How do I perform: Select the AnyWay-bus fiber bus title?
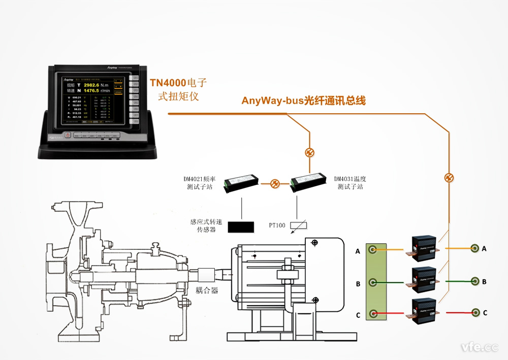click(303, 101)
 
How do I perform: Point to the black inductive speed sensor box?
click(241, 227)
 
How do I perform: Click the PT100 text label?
click(277, 225)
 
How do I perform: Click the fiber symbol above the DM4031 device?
click(309, 152)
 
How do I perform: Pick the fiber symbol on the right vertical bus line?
click(449, 178)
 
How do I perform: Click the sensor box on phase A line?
click(423, 246)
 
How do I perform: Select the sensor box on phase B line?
click(423, 277)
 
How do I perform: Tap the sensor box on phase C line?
click(423, 309)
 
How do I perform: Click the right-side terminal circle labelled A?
click(474, 249)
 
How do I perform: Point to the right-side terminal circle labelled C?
click(475, 313)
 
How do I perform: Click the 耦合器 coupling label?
click(207, 290)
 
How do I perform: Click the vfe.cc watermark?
click(479, 347)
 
